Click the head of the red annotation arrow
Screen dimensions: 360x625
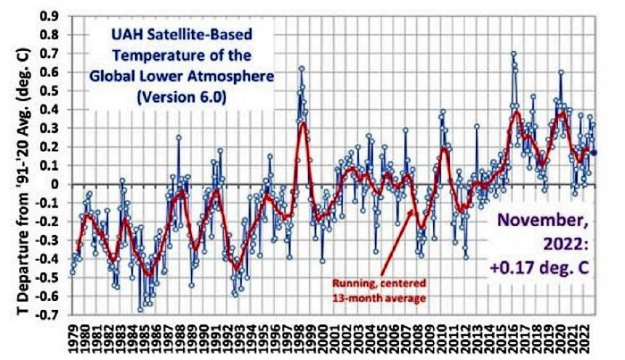coord(414,211)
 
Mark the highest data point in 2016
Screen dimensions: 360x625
coord(513,53)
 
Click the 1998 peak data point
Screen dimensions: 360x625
coord(301,68)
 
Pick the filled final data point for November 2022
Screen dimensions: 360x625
coord(594,152)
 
